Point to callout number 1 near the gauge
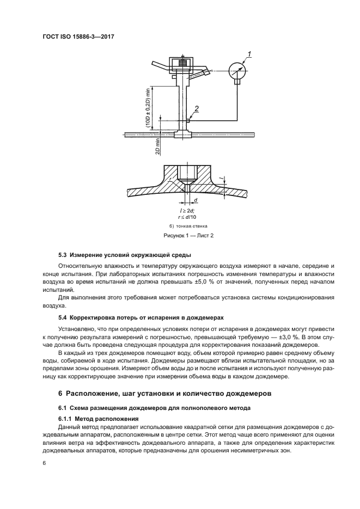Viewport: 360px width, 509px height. pyautogui.click(x=249, y=53)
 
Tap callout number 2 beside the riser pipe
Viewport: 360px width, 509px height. pyautogui.click(x=197, y=109)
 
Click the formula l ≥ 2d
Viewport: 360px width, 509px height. pyautogui.click(x=187, y=209)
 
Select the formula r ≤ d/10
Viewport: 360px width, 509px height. pyautogui.click(x=187, y=216)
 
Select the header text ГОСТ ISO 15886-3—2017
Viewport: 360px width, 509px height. pyautogui.click(x=75, y=37)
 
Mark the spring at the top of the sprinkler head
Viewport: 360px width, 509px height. pyautogui.click(x=183, y=64)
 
